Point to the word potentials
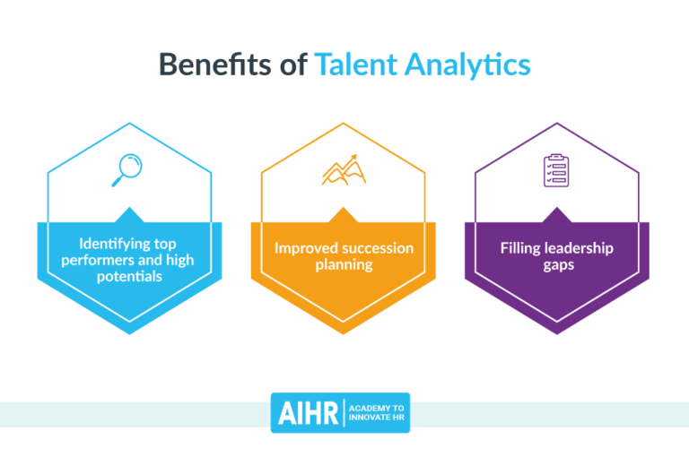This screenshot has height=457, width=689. (130, 276)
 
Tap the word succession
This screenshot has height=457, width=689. (378, 248)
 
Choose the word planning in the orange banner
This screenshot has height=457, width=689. (344, 266)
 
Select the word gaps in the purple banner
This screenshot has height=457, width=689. (557, 266)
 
